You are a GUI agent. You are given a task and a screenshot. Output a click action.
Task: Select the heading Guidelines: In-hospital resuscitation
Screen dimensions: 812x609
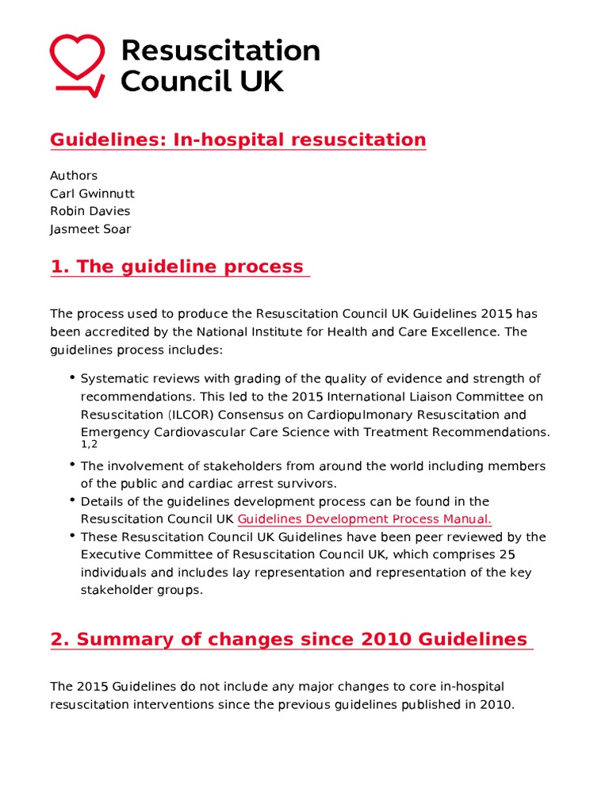tap(238, 140)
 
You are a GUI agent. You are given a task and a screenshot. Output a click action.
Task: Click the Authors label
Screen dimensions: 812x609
tap(74, 175)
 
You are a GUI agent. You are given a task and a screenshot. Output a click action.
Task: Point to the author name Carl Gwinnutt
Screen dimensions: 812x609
tap(92, 193)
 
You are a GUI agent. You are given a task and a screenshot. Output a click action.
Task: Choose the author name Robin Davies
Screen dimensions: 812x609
tap(90, 211)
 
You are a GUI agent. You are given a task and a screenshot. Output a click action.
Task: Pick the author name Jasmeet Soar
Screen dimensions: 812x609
tap(90, 229)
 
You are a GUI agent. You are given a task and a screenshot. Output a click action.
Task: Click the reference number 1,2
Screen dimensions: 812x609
tap(89, 445)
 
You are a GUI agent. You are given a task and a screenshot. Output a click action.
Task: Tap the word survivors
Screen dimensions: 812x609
tap(310, 484)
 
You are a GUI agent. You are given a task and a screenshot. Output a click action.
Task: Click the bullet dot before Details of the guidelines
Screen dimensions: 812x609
tap(72, 500)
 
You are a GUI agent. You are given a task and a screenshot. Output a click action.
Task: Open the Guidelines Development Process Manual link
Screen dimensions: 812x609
tap(365, 519)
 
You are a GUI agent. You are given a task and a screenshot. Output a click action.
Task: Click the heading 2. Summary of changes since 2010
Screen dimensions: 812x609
tap(289, 639)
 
